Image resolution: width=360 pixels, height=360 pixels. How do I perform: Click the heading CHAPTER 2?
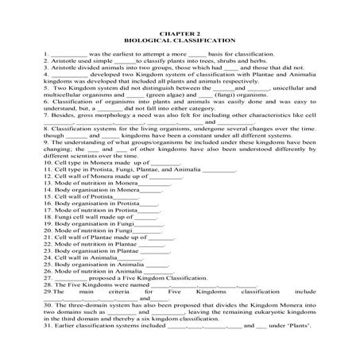180,31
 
